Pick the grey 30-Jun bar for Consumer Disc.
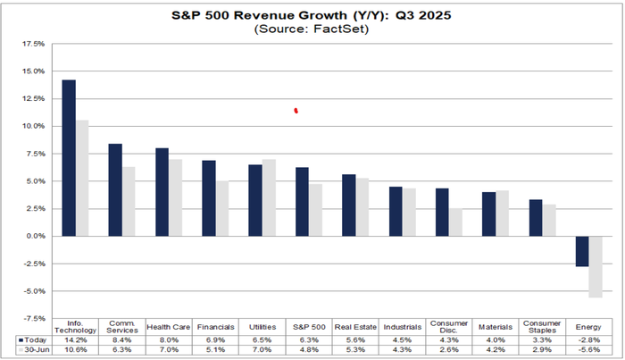[x=455, y=222]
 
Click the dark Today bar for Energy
[x=582, y=251]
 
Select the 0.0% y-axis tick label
[x=34, y=236]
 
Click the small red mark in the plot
[x=296, y=111]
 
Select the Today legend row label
[x=32, y=339]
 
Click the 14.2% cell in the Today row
[x=76, y=339]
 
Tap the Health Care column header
[x=169, y=327]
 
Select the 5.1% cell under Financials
[x=215, y=350]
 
